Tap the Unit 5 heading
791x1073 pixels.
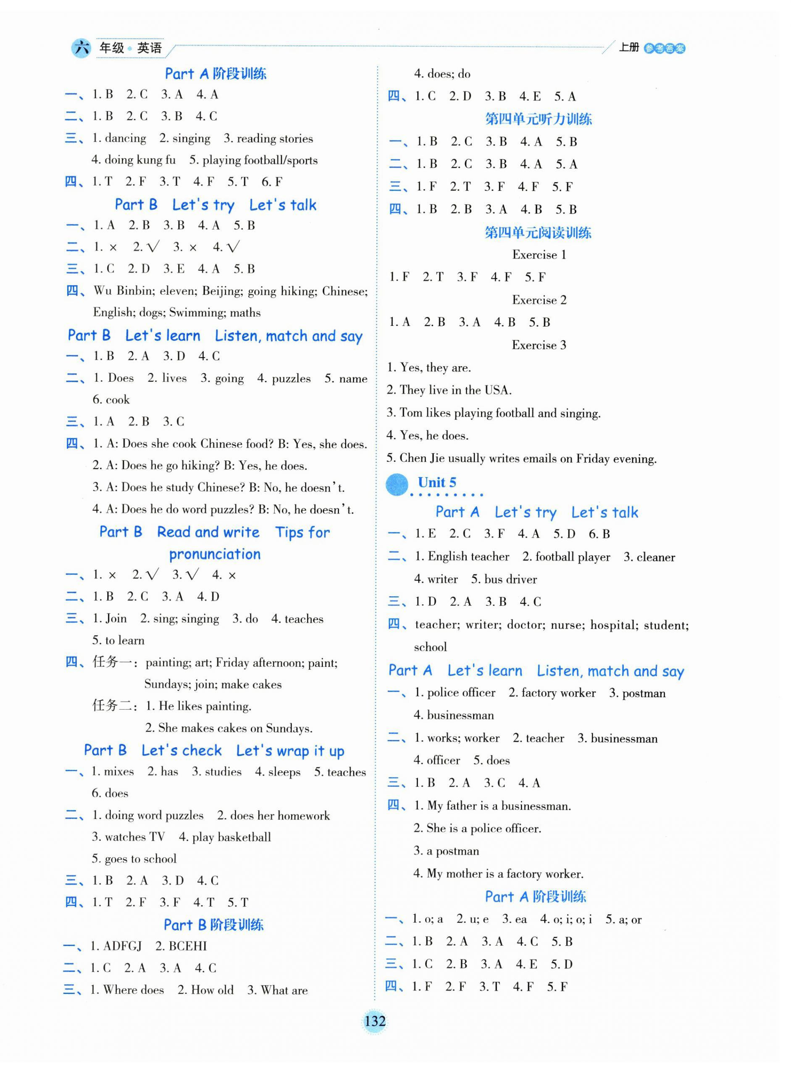tap(437, 483)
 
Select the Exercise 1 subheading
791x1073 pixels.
tap(539, 255)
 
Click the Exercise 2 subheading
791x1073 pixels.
tap(539, 301)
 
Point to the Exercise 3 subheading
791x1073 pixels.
tap(539, 346)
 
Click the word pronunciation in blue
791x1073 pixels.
tap(215, 555)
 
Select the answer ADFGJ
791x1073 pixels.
tap(123, 946)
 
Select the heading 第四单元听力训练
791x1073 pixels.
tap(538, 119)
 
